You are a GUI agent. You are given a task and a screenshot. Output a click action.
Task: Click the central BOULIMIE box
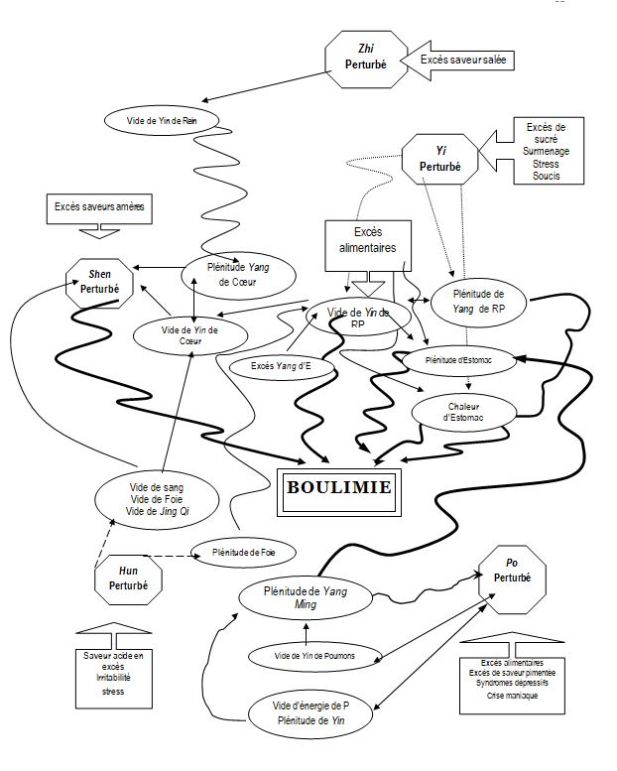pyautogui.click(x=338, y=488)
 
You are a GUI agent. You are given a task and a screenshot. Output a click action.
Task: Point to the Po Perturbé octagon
pyautogui.click(x=512, y=578)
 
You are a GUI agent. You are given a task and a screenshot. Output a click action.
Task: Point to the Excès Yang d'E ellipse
pyautogui.click(x=281, y=367)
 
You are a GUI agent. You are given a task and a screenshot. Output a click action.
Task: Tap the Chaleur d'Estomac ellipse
pyautogui.click(x=462, y=410)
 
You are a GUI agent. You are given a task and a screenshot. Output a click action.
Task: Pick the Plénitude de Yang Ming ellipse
pyautogui.click(x=308, y=597)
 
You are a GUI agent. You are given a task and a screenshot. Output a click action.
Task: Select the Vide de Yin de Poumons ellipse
pyautogui.click(x=314, y=655)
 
